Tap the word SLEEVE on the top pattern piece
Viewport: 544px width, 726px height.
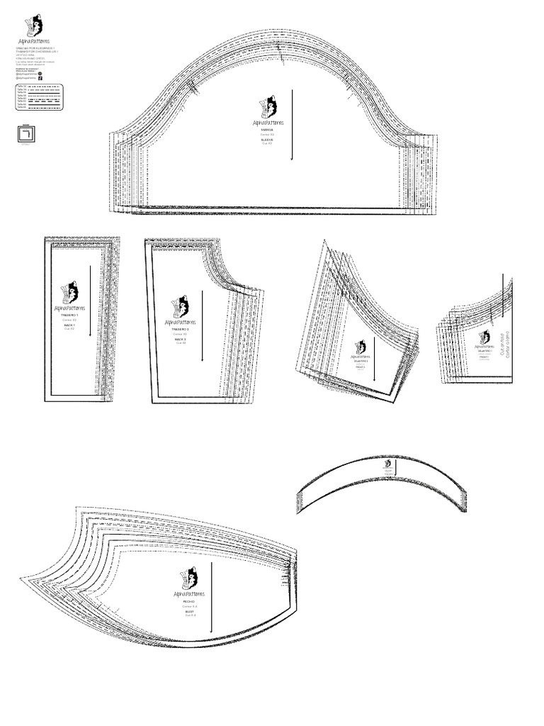[266, 140]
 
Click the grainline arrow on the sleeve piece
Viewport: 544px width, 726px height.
[291, 125]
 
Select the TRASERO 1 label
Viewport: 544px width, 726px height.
[69, 315]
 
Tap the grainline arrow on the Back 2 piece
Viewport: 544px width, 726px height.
[202, 325]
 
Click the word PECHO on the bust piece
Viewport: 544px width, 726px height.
[189, 601]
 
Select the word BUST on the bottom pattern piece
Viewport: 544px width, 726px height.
[189, 611]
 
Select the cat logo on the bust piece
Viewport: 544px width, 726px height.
[189, 578]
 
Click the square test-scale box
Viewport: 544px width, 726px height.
[26, 134]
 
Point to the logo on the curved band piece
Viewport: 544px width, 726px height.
[387, 464]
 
